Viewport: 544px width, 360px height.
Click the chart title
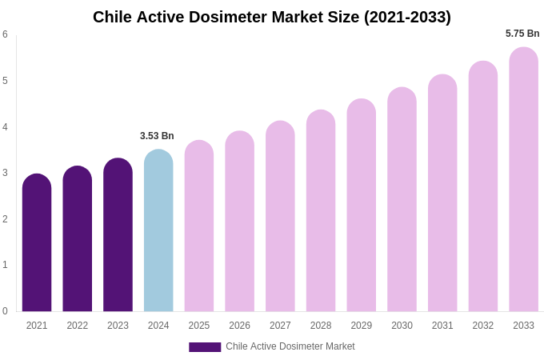(272, 17)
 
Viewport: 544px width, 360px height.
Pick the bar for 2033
(523, 179)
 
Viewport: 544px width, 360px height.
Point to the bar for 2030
(402, 199)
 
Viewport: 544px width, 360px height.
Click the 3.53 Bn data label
(157, 136)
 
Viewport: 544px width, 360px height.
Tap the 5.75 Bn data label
(522, 34)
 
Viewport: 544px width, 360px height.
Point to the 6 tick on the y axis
(5, 34)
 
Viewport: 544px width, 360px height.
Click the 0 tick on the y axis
(5, 311)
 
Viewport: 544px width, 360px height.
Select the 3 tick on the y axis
(5, 173)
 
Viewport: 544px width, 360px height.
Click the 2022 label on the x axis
(78, 326)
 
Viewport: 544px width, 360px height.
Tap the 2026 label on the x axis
(239, 326)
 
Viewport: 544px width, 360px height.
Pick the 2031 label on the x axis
(442, 326)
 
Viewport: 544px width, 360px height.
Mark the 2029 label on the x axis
(362, 326)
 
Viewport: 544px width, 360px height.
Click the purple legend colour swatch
(205, 347)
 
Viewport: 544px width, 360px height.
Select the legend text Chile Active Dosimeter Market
(290, 346)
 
